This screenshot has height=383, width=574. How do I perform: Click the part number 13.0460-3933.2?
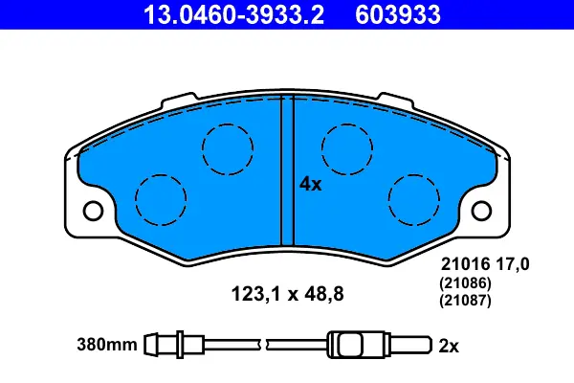[x=233, y=15]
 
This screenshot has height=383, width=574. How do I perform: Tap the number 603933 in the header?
[x=398, y=15]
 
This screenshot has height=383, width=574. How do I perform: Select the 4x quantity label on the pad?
[x=310, y=184]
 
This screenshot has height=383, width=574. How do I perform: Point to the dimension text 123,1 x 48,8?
[x=287, y=294]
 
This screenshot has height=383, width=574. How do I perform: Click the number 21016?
[x=465, y=264]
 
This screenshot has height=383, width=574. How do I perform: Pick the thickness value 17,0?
[x=513, y=264]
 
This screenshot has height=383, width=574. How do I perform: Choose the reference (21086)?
[x=465, y=283]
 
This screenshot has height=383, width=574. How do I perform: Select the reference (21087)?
[x=465, y=301]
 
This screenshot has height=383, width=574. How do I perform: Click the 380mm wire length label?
[x=107, y=345]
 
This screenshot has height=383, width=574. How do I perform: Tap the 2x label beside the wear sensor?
[x=449, y=346]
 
